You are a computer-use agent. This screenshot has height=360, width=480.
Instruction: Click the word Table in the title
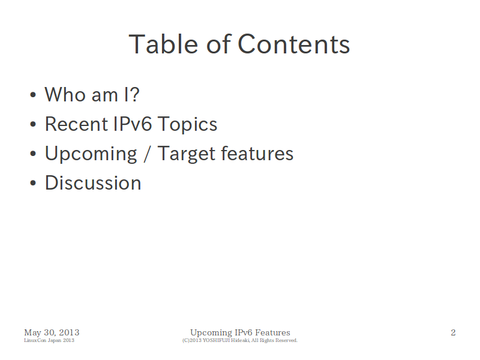[163, 44]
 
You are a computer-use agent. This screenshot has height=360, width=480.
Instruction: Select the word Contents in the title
[293, 44]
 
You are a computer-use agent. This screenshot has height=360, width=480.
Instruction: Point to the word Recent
[77, 124]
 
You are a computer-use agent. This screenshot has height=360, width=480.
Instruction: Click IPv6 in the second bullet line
[132, 124]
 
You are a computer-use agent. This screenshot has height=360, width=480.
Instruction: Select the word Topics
[187, 125]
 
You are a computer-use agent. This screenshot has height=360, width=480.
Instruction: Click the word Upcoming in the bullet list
[91, 154]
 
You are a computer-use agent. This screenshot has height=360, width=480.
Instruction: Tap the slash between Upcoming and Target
[147, 154]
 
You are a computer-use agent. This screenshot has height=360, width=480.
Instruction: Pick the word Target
[186, 154]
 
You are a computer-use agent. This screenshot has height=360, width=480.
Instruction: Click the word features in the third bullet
[257, 153]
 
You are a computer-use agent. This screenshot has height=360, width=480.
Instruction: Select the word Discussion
[93, 183]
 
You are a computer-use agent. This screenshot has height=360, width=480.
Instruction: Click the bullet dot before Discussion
[33, 183]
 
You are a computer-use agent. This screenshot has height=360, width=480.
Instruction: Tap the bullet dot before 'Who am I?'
[33, 95]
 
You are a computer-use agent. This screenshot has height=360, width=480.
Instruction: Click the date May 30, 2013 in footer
[52, 332]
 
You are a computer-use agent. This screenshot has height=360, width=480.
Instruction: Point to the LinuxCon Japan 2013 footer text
[49, 340]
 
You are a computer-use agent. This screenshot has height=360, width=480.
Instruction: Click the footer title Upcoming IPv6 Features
[240, 332]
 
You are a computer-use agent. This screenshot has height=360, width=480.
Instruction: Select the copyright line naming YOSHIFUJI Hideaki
[239, 340]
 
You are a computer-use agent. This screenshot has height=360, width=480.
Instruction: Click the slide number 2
[453, 332]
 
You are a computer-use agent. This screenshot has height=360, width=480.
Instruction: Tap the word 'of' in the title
[218, 44]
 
